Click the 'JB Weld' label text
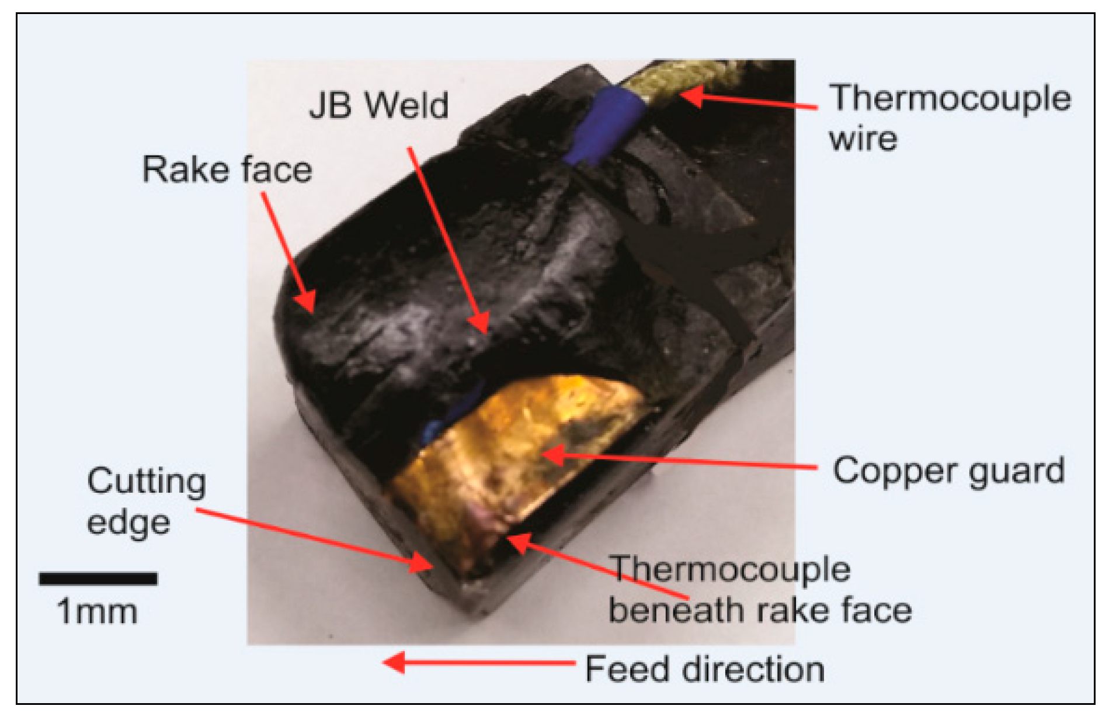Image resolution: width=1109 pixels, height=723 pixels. (378, 106)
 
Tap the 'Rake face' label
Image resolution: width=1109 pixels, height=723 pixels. (227, 170)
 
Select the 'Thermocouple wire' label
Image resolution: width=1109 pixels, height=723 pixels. (950, 117)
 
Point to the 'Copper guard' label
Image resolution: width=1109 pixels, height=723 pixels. (948, 471)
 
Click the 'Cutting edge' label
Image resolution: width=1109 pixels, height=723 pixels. (146, 501)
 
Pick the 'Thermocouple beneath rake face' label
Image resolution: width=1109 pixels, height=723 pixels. (759, 590)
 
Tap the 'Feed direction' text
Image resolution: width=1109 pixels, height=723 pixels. (704, 669)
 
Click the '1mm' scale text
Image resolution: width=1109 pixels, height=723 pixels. (97, 612)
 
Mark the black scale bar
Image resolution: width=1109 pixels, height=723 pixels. (98, 579)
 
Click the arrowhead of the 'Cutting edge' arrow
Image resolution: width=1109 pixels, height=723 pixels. (422, 562)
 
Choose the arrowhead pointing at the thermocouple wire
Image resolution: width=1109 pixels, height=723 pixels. (692, 95)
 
